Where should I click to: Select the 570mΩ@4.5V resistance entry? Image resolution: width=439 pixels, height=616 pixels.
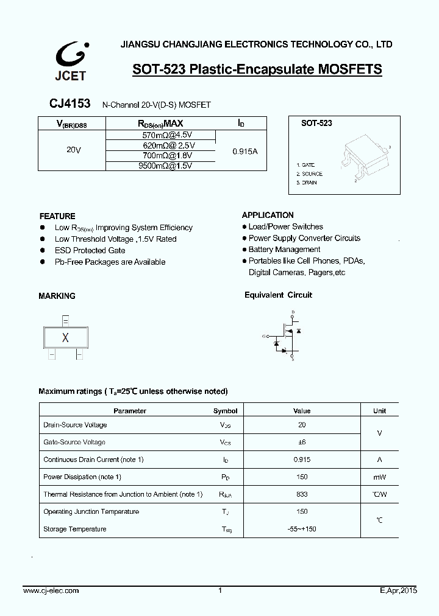click(x=161, y=135)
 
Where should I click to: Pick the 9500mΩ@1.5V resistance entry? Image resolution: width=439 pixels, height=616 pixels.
click(x=161, y=166)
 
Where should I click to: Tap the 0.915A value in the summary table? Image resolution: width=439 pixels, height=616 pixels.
click(x=245, y=150)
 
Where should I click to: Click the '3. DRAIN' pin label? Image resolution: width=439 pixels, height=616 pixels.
click(x=307, y=183)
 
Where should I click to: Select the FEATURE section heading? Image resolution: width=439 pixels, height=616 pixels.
click(x=57, y=216)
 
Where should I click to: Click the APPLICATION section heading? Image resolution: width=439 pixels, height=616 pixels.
click(x=268, y=215)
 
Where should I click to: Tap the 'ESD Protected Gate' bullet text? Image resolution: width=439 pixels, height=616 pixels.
click(x=90, y=250)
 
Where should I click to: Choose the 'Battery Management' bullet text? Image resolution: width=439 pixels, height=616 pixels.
click(x=284, y=250)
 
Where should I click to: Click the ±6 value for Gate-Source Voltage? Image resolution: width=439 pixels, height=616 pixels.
click(x=302, y=443)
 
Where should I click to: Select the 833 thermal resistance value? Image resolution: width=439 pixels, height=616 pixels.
click(x=302, y=494)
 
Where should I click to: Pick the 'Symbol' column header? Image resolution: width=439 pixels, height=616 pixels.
click(x=225, y=411)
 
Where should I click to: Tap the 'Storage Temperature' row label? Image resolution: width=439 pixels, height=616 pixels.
click(x=74, y=529)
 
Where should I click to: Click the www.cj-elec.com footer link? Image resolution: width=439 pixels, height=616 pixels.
click(x=51, y=591)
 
